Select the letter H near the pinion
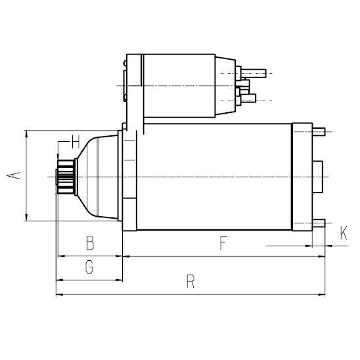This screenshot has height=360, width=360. click(75, 141)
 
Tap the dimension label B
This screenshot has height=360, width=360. click(91, 244)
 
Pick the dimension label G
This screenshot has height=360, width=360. click(90, 267)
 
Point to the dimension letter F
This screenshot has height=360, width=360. click(223, 244)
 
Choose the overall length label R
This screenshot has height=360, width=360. click(191, 282)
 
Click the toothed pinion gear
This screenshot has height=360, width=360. click(66, 176)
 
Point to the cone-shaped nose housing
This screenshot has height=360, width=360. click(99, 176)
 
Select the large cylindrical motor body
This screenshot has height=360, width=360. click(214, 176)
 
